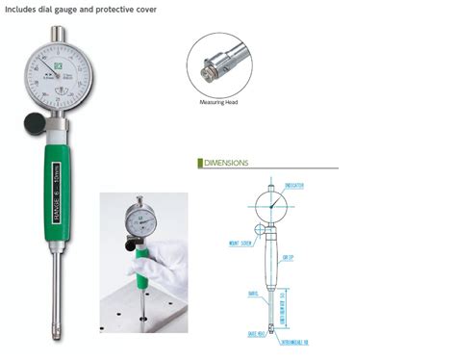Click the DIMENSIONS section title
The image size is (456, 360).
[x=226, y=164]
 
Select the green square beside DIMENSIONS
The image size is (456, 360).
[x=198, y=164]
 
